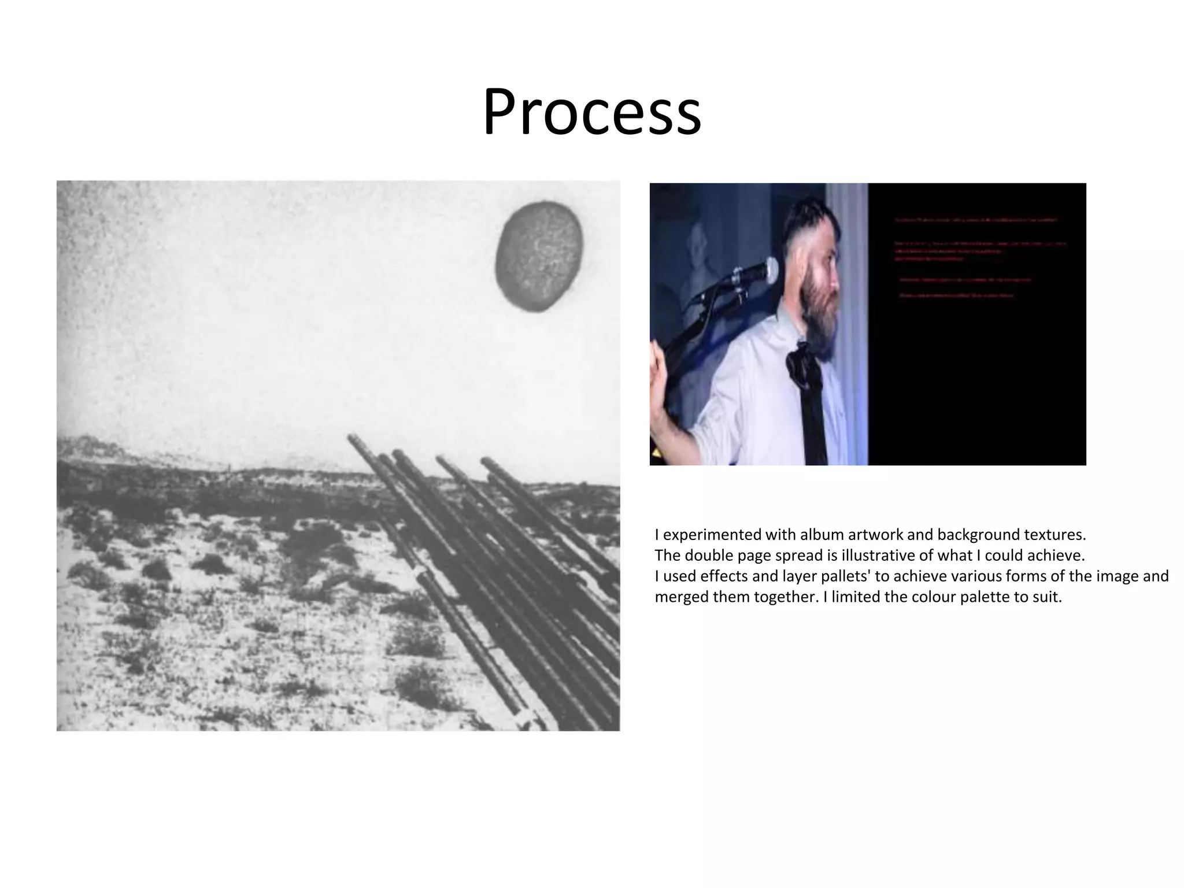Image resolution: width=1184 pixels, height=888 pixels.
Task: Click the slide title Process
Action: tap(591, 112)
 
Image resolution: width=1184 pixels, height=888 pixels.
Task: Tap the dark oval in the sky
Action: tap(539, 256)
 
